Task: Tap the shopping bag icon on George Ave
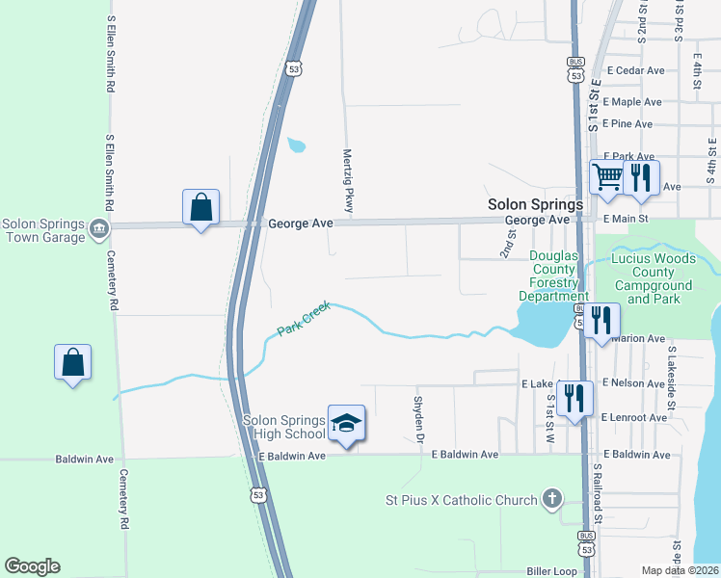coord(200,206)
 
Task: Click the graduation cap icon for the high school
coord(347,422)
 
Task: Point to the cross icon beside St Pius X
coord(551,499)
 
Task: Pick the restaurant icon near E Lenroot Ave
coord(574,396)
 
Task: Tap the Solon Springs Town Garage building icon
coord(98,228)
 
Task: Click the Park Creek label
coord(304,319)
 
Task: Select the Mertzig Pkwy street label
coord(348,180)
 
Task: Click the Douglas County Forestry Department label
coord(553,276)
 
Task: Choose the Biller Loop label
coord(551,571)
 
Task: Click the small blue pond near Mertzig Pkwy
coord(297,146)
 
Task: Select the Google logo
coord(32,566)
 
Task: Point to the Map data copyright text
coord(681,570)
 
